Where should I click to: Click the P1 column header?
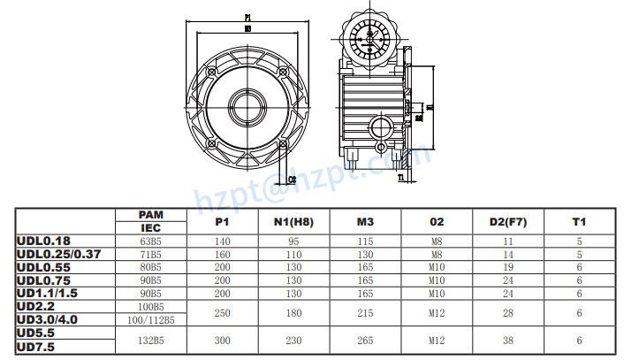click(223, 222)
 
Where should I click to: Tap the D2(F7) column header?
click(508, 222)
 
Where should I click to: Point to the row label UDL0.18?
click(43, 239)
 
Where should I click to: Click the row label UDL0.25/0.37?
click(59, 252)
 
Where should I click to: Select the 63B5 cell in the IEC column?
click(151, 240)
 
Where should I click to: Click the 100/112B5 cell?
click(151, 318)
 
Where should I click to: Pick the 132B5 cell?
click(151, 339)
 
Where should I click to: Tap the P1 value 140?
click(223, 240)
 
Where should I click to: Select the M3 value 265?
click(366, 339)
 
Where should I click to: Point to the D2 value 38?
click(508, 339)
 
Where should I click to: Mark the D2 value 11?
click(508, 240)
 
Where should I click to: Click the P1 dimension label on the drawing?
click(248, 17)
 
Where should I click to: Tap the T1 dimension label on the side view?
click(401, 178)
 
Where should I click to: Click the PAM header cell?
click(151, 215)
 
